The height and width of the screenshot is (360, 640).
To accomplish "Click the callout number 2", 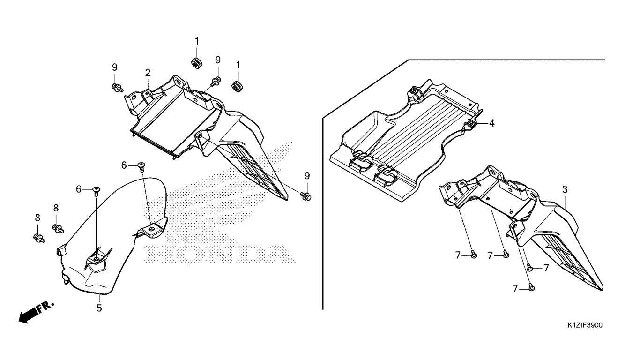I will pos(148,73).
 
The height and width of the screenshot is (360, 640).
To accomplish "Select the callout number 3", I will pos(565,189).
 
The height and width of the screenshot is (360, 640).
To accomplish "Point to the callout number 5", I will pos(99,308).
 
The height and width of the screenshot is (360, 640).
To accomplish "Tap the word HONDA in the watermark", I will pos(220,254).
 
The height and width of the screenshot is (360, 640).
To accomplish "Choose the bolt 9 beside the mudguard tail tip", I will pos(307,195).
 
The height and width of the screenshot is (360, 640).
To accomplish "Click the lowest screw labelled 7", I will pos(531,287).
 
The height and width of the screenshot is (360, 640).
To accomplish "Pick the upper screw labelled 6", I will pos(141,165).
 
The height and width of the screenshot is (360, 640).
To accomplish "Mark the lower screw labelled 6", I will pos(96,190).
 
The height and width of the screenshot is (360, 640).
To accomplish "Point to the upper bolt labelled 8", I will pos(58,228).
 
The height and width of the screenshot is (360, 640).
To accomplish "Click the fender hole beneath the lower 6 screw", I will pos(96,259).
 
